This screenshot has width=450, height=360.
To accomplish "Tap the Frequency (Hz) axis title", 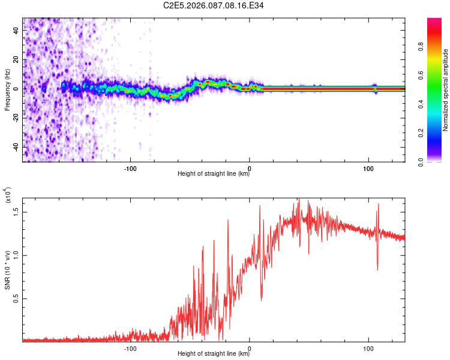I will pyautogui.click(x=7, y=89).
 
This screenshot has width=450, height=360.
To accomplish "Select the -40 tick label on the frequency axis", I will pyautogui.click(x=16, y=147).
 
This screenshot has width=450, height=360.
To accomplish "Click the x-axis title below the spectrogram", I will pyautogui.click(x=214, y=175).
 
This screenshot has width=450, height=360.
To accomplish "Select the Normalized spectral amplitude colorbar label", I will pyautogui.click(x=445, y=90).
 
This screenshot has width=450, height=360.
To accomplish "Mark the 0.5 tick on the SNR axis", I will pyautogui.click(x=16, y=298).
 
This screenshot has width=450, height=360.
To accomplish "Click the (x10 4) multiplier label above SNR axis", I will pyautogui.click(x=8, y=196).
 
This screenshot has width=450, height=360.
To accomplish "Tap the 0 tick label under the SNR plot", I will pyautogui.click(x=250, y=347).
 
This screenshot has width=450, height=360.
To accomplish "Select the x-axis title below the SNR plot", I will pyautogui.click(x=214, y=355).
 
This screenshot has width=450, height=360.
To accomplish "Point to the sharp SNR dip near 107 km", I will pyautogui.click(x=377, y=269).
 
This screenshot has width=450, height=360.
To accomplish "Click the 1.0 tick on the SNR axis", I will pyautogui.click(x=16, y=255).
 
